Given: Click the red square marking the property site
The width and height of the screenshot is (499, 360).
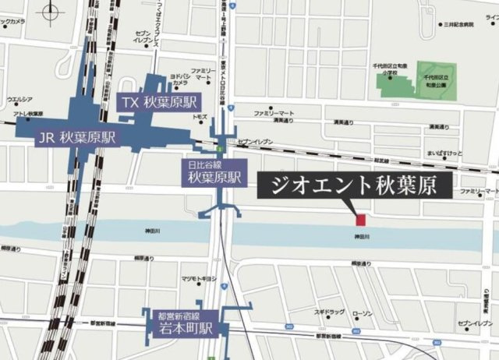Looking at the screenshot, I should click(360, 218).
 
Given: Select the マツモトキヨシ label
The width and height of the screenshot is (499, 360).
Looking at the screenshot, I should click(198, 278).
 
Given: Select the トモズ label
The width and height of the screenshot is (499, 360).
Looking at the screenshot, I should click(200, 117).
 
